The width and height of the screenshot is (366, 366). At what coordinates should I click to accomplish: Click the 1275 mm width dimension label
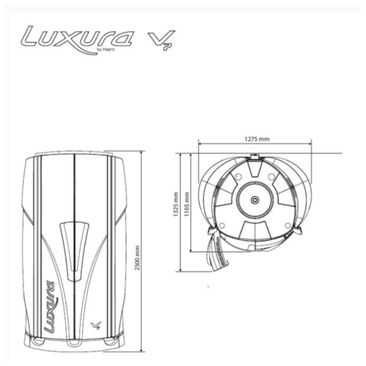[x=257, y=139]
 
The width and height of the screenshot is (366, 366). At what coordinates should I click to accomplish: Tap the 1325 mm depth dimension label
[x=176, y=204]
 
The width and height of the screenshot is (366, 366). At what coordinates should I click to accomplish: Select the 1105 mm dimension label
[x=187, y=204]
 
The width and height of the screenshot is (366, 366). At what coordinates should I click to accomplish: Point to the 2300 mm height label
[x=138, y=258]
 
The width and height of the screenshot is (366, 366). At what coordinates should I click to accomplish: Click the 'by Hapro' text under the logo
[x=106, y=50]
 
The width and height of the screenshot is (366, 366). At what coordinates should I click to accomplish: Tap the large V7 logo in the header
[x=161, y=40]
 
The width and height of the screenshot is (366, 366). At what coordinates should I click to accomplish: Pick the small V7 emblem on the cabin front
[x=95, y=325]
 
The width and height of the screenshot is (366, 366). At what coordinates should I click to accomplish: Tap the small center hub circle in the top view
[x=254, y=200]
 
